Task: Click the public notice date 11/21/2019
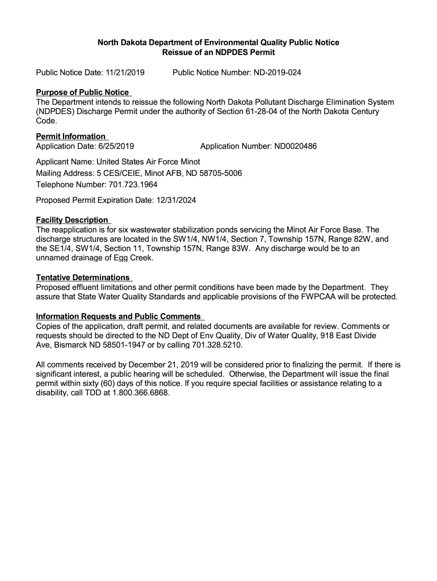point(124,73)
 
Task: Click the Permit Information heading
point(71,136)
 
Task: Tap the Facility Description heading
point(72,220)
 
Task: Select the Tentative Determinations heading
point(83,277)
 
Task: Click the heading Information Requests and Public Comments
point(119,316)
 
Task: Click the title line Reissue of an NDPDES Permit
point(218,53)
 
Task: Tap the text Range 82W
point(351,239)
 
